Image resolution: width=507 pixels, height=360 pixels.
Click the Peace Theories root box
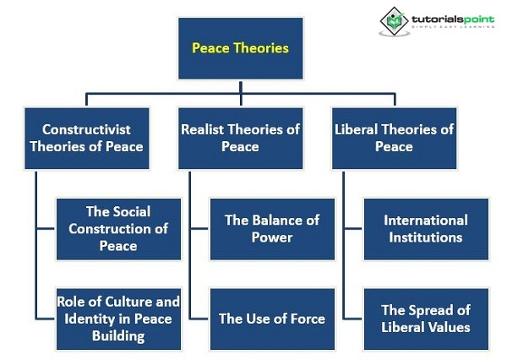click(241, 48)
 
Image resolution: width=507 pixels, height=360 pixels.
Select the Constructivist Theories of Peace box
click(87, 139)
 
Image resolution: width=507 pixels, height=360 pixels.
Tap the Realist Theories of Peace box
click(241, 139)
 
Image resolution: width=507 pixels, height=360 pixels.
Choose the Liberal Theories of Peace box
click(394, 139)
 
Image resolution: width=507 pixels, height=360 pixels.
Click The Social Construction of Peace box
click(118, 229)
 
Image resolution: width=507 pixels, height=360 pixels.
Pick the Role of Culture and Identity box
click(118, 319)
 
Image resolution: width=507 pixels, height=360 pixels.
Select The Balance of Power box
click(272, 229)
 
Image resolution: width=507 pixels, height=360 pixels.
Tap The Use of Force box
click(272, 319)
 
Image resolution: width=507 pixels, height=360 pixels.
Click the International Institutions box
click(426, 229)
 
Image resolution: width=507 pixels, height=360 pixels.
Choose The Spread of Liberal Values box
click(426, 319)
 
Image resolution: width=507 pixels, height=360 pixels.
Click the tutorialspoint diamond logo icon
click(394, 21)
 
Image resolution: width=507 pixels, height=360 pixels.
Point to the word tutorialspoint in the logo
click(453, 19)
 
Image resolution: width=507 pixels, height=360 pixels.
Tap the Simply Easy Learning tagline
click(453, 27)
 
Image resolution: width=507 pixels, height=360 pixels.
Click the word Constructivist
click(86, 129)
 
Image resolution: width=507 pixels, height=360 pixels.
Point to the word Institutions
click(426, 237)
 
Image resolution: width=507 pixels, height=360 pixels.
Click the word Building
click(118, 336)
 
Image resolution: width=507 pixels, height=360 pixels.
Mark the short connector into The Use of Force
click(199, 319)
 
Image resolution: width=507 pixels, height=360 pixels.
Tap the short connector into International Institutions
click(353, 229)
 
